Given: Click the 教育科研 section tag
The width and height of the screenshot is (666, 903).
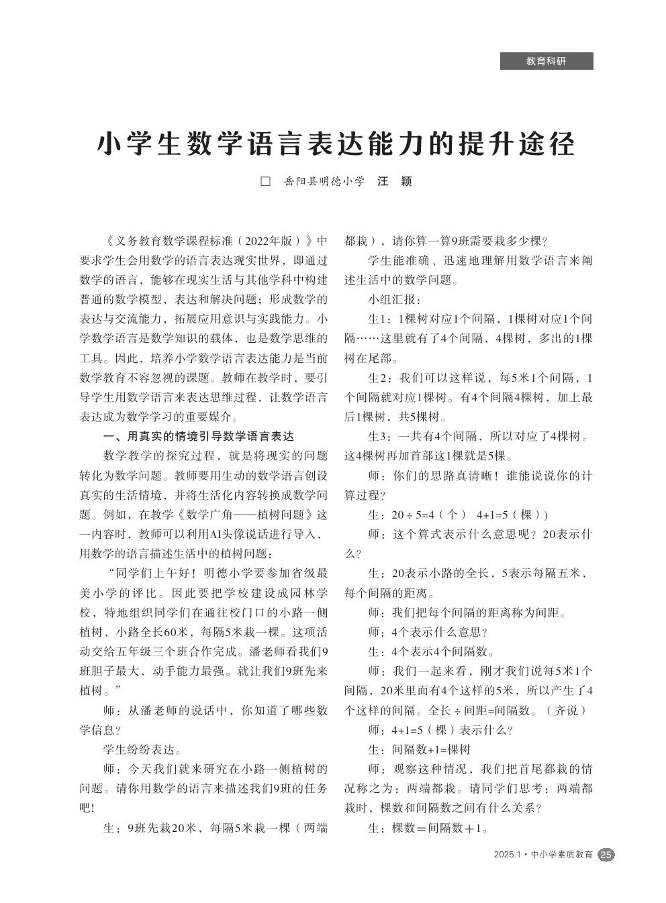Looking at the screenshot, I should click(546, 61).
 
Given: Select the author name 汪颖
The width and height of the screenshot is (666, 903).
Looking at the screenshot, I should click(394, 181).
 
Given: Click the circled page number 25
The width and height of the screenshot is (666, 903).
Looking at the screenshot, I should click(606, 854).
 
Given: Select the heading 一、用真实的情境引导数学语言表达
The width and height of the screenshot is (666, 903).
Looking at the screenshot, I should click(198, 436).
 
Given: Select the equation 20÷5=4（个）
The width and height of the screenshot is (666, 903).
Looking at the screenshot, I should click(428, 515).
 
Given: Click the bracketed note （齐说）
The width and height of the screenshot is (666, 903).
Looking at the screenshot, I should click(568, 710).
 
